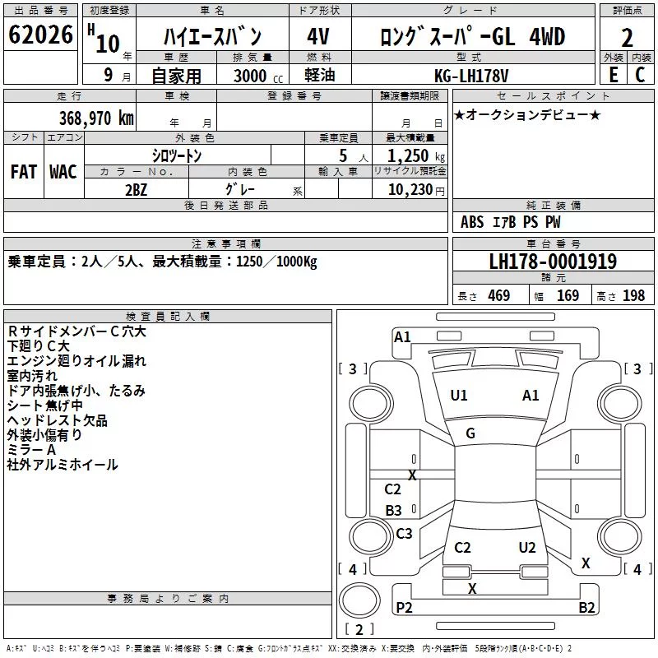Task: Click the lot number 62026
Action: click(40, 34)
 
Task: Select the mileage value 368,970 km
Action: click(96, 118)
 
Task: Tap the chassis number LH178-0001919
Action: click(553, 262)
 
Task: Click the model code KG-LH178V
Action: click(471, 76)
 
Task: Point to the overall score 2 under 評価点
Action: click(627, 38)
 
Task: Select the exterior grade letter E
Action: click(613, 75)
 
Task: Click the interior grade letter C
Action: click(640, 75)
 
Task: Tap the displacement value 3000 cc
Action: click(258, 76)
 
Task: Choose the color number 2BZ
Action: click(137, 190)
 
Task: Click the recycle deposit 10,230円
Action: click(416, 190)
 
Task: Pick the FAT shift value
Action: click(24, 172)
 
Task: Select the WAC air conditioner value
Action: click(63, 172)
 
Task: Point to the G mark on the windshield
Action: click(470, 433)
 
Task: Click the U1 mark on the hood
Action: click(459, 396)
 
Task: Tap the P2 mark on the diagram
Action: click(404, 607)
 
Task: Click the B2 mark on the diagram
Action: click(586, 607)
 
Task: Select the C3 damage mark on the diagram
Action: click(404, 533)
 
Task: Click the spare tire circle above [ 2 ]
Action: click(359, 600)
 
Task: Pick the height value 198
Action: click(633, 295)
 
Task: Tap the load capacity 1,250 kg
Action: click(416, 156)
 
